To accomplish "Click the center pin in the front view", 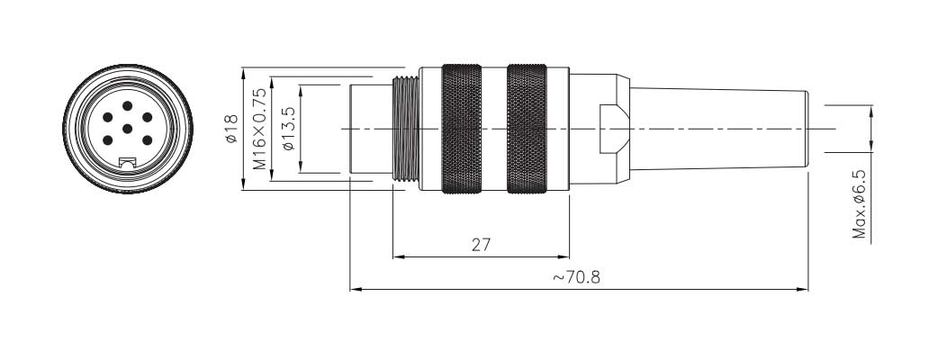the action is click(x=128, y=129).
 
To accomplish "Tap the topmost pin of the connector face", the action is click(x=128, y=106).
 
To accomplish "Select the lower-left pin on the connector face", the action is click(x=108, y=140).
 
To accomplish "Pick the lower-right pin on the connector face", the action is click(x=147, y=140).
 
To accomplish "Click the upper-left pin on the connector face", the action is click(x=108, y=117).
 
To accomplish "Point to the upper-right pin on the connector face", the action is click(x=147, y=117).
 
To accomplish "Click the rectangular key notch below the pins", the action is click(x=128, y=162).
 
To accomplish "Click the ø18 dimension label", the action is click(x=232, y=129).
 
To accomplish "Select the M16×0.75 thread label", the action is click(x=259, y=129).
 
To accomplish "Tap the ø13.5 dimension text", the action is click(x=288, y=129).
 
